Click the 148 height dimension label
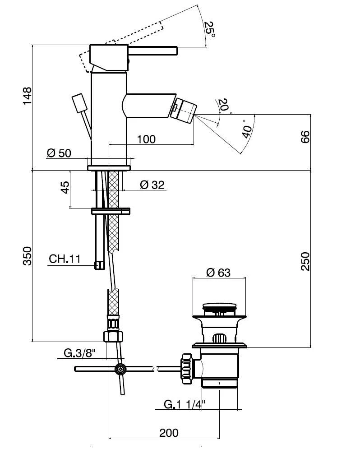click(27, 96)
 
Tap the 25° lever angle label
click(208, 30)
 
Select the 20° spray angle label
click(223, 105)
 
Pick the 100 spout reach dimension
click(146, 139)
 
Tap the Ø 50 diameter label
click(59, 153)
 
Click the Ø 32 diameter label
click(152, 184)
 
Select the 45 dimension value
click(65, 188)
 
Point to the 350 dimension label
click(27, 256)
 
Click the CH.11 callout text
click(65, 259)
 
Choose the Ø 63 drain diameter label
click(218, 273)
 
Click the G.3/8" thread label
click(78, 353)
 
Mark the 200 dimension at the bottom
click(169, 433)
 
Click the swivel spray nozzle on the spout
click(184, 109)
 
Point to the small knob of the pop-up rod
click(79, 102)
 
